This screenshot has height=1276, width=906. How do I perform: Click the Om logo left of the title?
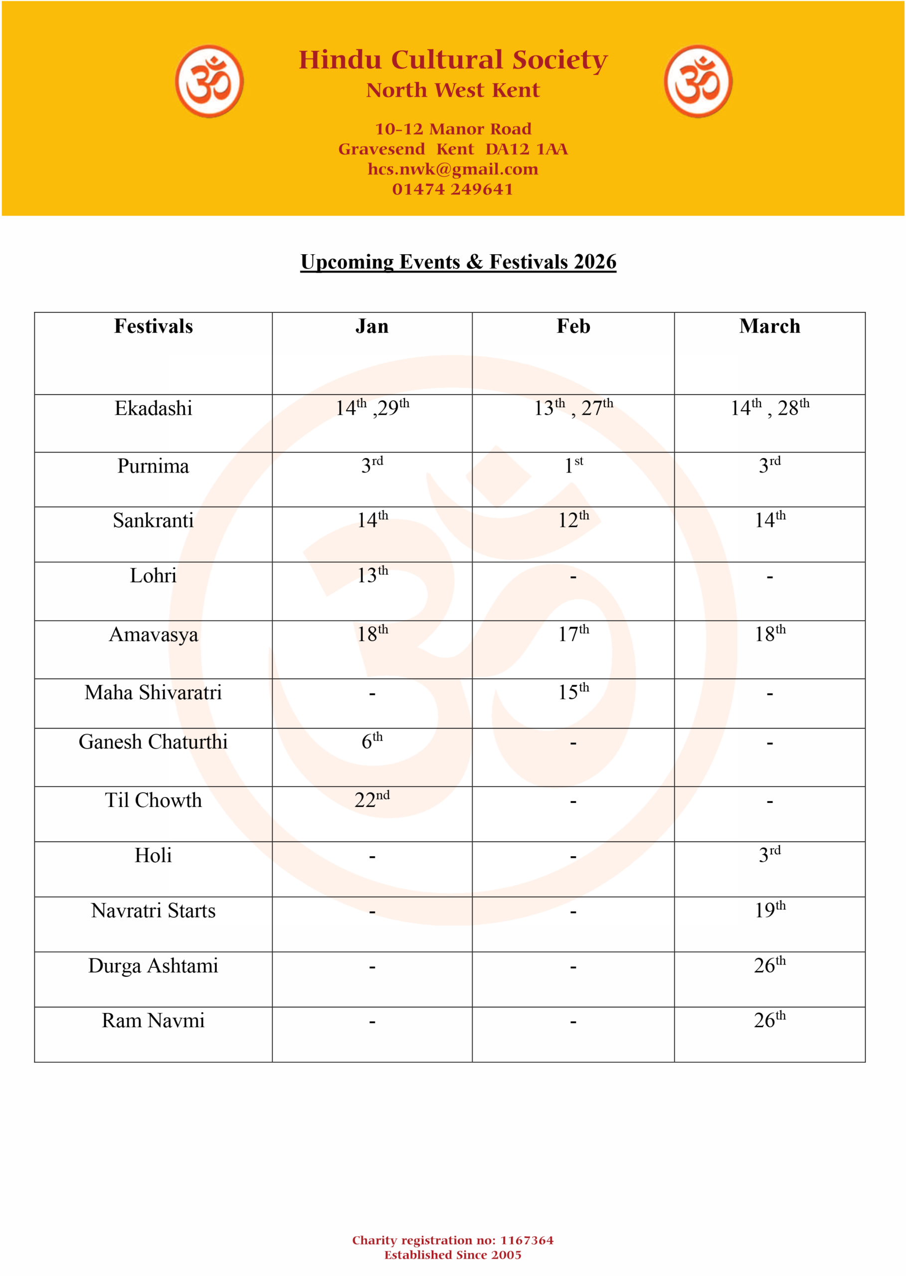point(209,81)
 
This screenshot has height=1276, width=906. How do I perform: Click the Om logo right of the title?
point(698,81)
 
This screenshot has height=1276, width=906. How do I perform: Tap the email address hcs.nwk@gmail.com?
point(453,169)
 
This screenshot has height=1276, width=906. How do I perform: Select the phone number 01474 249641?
point(453,189)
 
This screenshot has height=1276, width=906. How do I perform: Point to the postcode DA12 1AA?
point(526,149)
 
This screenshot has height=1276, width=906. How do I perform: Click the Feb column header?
point(573,326)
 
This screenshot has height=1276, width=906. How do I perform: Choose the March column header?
point(769,326)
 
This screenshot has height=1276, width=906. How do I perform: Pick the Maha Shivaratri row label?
point(154,693)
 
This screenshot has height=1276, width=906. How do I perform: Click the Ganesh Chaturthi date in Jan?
point(372,741)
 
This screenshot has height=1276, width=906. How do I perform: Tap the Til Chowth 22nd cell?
point(372,799)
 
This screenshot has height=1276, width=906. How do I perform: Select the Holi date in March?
point(769,854)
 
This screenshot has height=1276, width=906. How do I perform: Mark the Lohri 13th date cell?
point(372,575)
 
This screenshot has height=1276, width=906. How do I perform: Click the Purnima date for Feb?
point(573,465)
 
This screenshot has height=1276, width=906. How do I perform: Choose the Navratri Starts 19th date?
point(770,910)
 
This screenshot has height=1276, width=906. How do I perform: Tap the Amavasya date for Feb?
point(573,634)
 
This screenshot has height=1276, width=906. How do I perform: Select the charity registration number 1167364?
point(527,1240)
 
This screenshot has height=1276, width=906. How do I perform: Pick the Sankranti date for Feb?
point(573,520)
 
